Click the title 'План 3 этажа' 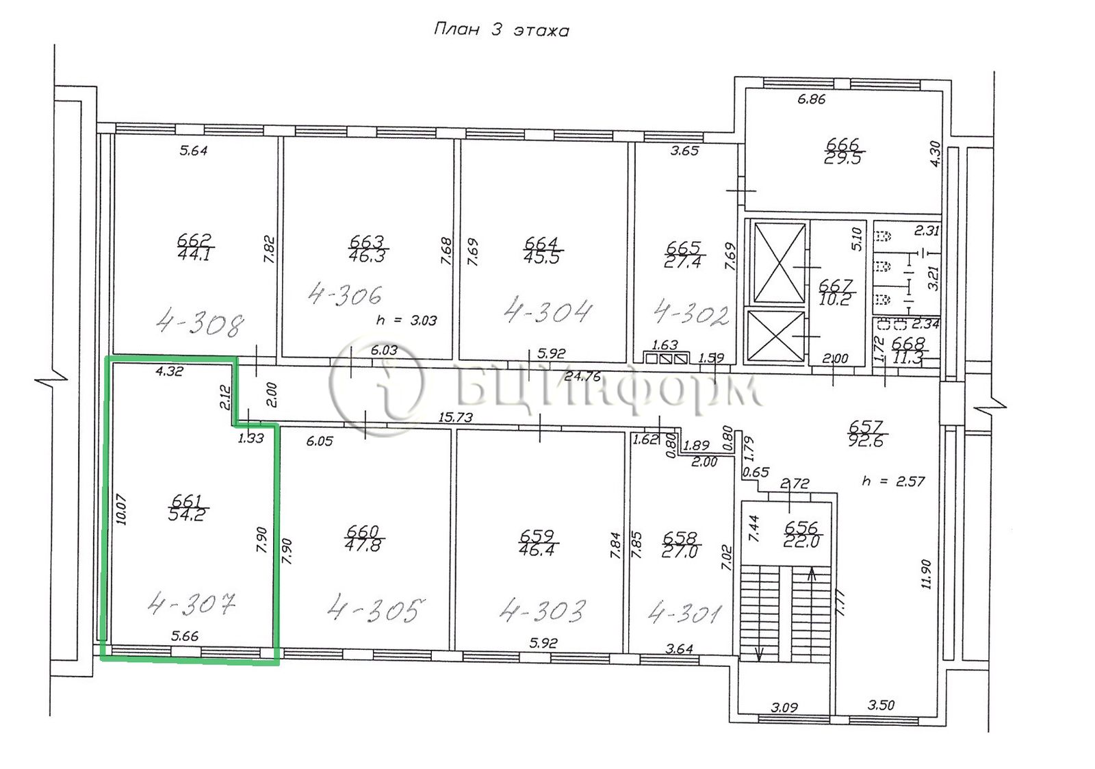coord(502,30)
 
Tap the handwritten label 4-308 coord(200,323)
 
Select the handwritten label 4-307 coord(192,605)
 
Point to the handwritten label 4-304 coord(548,310)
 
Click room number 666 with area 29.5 coord(842,144)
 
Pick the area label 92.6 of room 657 coord(866,442)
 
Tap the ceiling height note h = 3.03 coord(407,321)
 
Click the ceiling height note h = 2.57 coord(893,481)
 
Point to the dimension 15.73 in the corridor coord(456,417)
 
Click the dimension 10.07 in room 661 coord(122,509)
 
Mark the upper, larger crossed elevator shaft coord(780,263)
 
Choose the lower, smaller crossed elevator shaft coord(776,336)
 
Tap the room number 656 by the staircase coord(801,527)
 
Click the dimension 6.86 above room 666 coord(812,99)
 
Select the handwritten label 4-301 coord(684,614)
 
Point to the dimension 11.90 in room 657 coord(927,575)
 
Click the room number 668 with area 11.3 coord(907,343)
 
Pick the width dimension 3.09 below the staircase coord(784,707)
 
